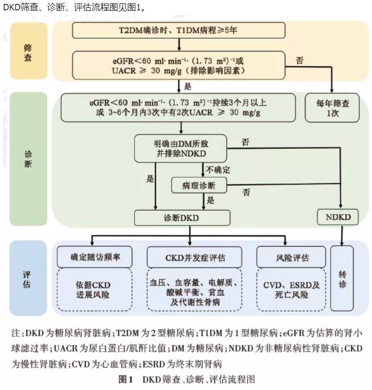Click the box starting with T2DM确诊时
pyautogui.click(x=179, y=30)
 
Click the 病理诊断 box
pyautogui.click(x=200, y=185)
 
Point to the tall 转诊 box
pyautogui.click(x=342, y=276)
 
